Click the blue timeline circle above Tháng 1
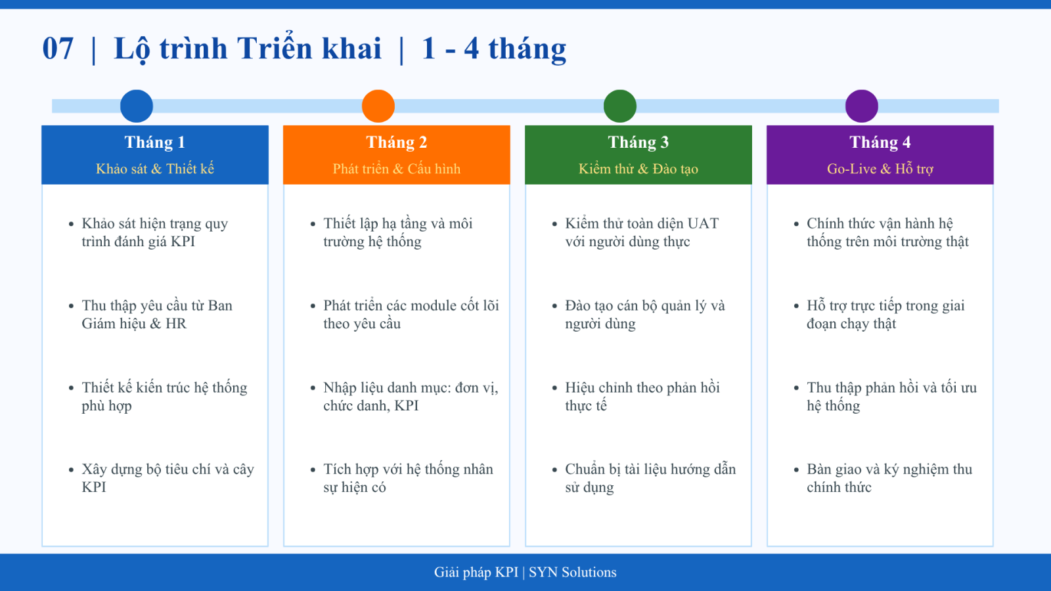click(x=137, y=106)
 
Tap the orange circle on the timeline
click(x=378, y=106)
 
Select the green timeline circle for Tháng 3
click(x=620, y=106)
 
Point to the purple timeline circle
click(x=861, y=106)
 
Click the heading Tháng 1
click(x=155, y=142)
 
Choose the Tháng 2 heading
click(x=397, y=142)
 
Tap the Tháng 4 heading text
click(x=880, y=142)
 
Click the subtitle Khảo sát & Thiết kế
click(x=155, y=169)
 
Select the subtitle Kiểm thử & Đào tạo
click(x=638, y=169)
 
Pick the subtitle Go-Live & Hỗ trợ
click(x=880, y=169)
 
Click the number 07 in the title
click(x=58, y=49)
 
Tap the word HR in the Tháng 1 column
click(x=176, y=324)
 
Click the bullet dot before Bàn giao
click(x=796, y=470)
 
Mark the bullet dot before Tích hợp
click(x=313, y=470)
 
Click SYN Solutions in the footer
click(x=572, y=572)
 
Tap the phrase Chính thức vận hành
click(x=880, y=224)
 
